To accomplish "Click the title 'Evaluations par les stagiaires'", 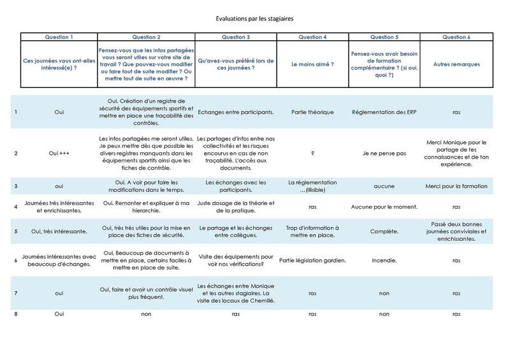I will [254, 19].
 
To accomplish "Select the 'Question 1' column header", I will [59, 37].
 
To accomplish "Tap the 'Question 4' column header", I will [312, 37].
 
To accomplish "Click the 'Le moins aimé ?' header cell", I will [312, 65].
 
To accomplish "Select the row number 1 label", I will [15, 112].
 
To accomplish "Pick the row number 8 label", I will [15, 314].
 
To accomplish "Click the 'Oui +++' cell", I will [59, 153].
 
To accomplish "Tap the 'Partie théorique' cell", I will [312, 112].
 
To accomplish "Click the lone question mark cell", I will [312, 153].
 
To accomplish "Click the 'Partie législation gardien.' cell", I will [312, 260].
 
